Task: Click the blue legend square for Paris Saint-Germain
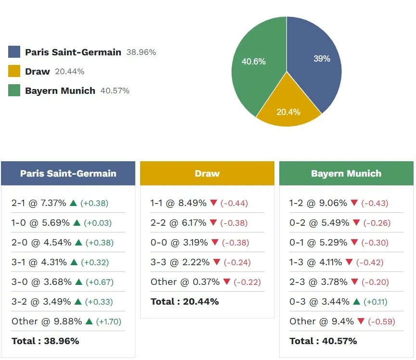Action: point(14,52)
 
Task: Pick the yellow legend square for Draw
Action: point(14,71)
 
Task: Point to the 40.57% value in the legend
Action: point(115,90)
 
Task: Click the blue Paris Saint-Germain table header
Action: point(68,173)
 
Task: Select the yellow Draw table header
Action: point(207,173)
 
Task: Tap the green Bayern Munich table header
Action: point(346,173)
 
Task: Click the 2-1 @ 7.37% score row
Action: point(39,203)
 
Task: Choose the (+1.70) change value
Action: point(109,321)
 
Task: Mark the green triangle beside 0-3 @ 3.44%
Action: point(356,302)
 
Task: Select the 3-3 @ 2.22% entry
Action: point(180,262)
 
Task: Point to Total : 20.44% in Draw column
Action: point(184,302)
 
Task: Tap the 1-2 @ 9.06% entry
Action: point(318,203)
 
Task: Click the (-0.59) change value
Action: point(378,321)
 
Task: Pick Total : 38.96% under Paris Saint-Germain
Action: point(45,341)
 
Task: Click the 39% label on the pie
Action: point(322,59)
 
